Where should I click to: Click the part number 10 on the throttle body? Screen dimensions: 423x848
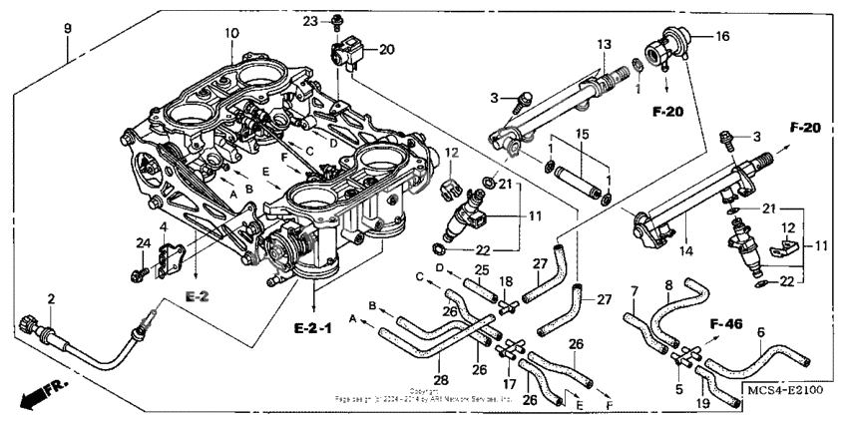pos(231,34)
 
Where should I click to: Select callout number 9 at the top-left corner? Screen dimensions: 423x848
pos(68,28)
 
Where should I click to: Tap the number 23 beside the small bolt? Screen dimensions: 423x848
pos(309,21)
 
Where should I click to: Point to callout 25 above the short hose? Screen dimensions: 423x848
pos(482,270)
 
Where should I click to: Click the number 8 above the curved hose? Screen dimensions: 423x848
pos(669,284)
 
